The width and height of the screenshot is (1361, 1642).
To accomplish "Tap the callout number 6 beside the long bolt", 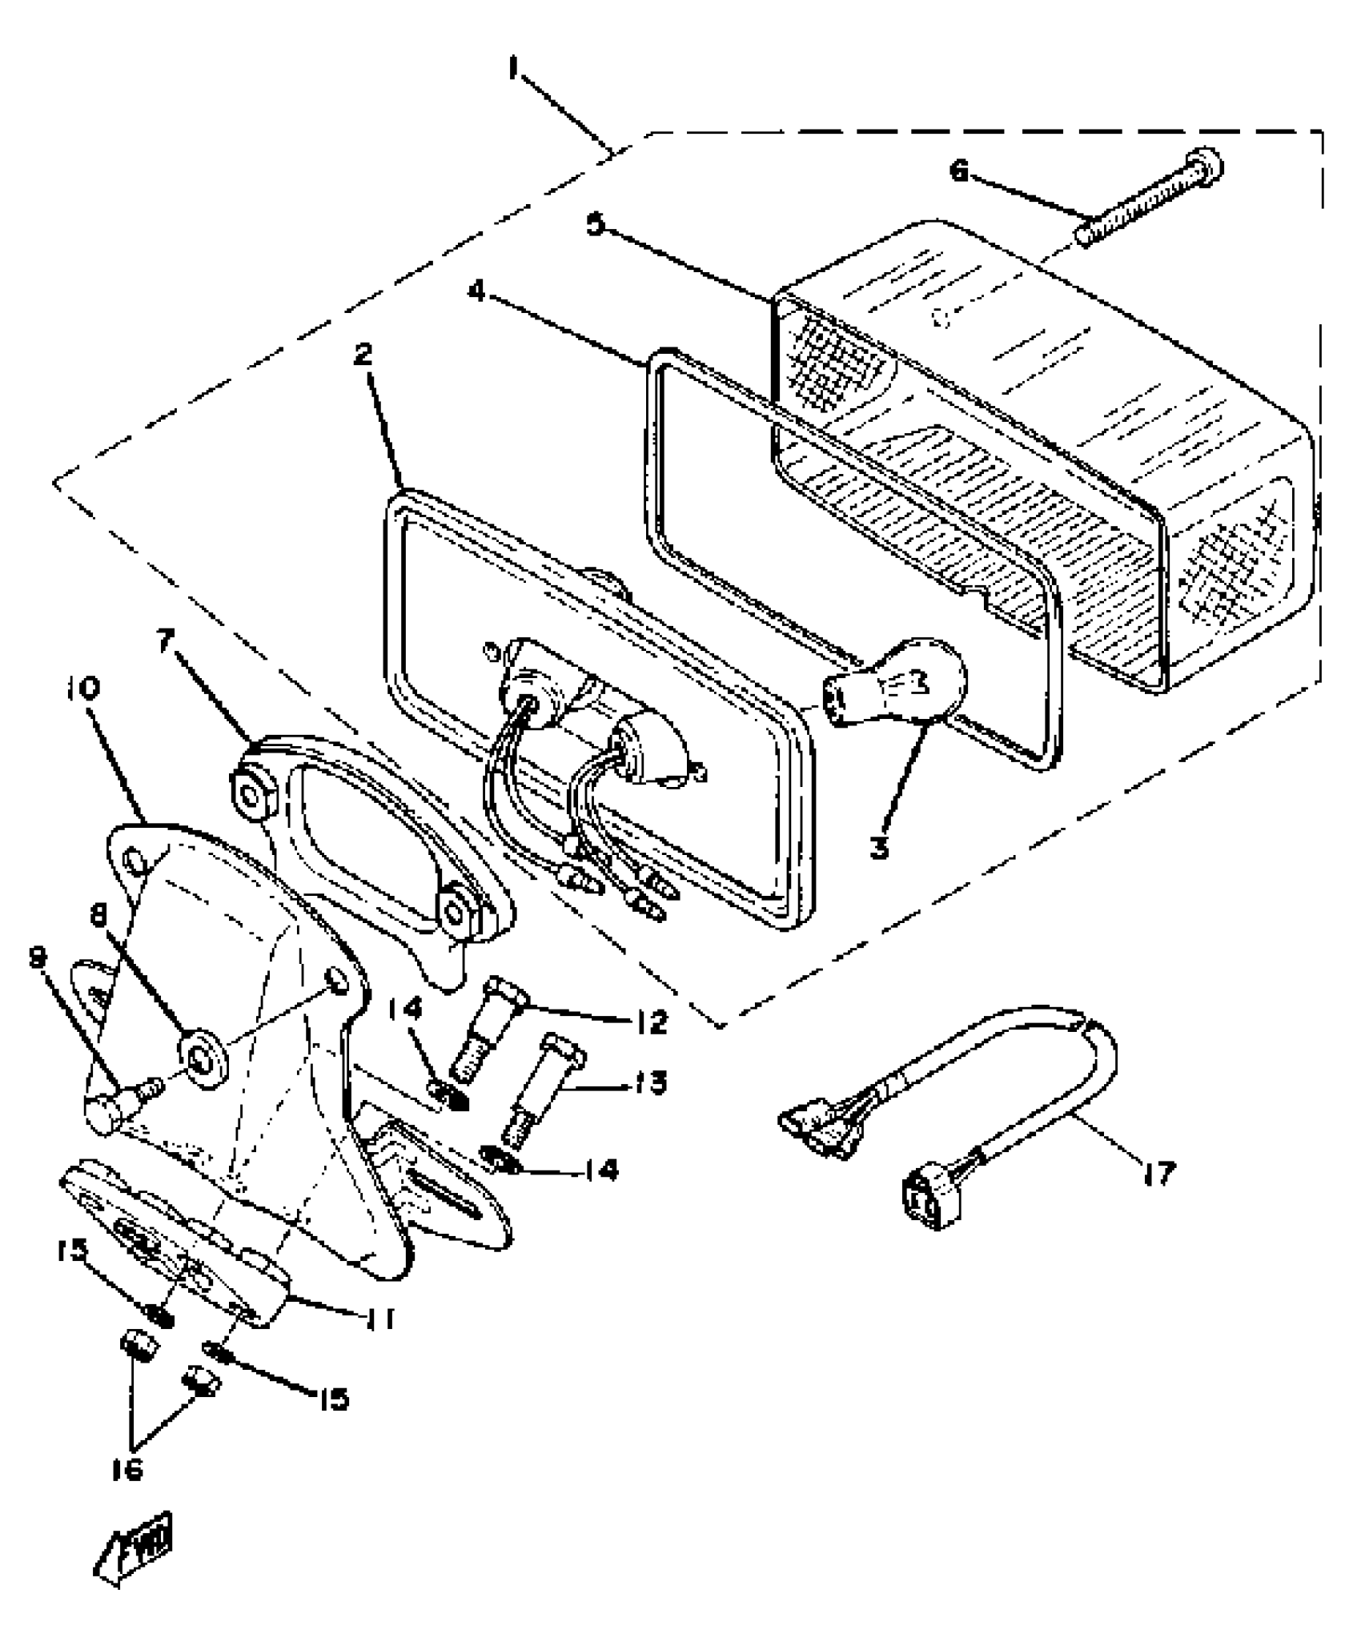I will (959, 171).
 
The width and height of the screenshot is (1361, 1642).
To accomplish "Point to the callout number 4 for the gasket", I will (478, 292).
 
